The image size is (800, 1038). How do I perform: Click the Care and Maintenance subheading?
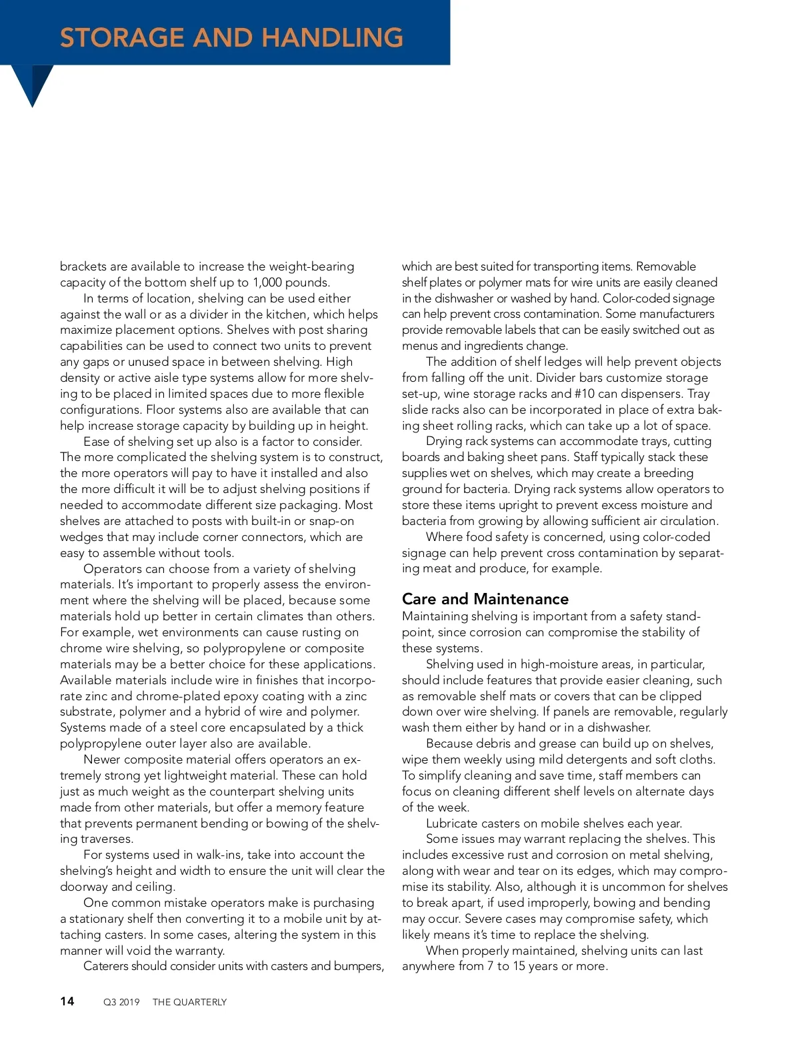pos(485,599)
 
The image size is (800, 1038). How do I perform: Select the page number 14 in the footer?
pos(67,1001)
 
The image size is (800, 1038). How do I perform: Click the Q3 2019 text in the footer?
pos(121,1002)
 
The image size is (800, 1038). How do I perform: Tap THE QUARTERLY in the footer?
pos(189,1002)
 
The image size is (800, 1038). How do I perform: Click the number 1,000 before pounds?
pos(267,282)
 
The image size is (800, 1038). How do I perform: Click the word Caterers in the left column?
pos(109,966)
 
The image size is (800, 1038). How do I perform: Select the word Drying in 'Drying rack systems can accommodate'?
pos(445,441)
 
